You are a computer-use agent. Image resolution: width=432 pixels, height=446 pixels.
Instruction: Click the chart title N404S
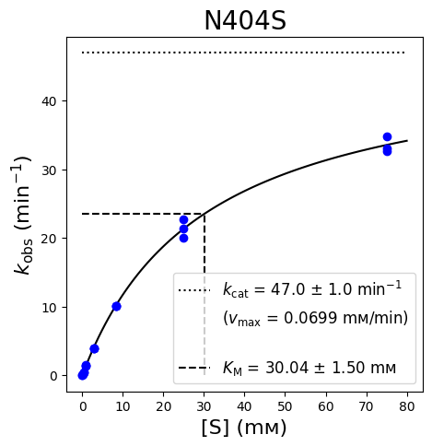pos(245,21)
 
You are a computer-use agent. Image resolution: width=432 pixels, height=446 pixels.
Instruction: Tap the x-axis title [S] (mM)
pos(244,428)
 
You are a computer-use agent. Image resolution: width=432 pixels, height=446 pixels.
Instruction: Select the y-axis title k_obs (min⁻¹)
pos(23,216)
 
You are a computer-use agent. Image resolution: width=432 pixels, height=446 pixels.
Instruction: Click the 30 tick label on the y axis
pos(49,170)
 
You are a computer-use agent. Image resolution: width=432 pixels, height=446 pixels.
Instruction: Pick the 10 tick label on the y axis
pos(49,307)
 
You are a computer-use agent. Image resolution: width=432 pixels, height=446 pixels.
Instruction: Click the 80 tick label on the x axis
pos(407,406)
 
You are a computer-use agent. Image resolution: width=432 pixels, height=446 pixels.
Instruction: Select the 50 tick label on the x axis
pos(286,406)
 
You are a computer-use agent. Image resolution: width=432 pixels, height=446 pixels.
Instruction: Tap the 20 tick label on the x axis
pos(163,406)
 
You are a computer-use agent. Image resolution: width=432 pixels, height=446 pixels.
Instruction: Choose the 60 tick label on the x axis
pos(326,406)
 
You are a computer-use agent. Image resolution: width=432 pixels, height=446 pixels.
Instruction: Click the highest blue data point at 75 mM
pos(387,136)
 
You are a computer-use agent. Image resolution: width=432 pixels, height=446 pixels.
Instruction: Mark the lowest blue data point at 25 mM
pos(183,238)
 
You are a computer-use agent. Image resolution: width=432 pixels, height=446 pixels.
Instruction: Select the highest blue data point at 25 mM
pos(183,219)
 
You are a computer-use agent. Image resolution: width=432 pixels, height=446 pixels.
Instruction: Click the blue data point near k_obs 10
pos(116,306)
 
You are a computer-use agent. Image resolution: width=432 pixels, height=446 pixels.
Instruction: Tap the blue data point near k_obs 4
pos(94,348)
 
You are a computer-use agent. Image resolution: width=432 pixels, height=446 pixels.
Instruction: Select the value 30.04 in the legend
pos(286,368)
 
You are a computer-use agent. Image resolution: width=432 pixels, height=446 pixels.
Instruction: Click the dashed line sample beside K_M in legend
pos(194,368)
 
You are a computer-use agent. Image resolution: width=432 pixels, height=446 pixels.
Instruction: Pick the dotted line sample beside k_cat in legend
pos(194,290)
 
